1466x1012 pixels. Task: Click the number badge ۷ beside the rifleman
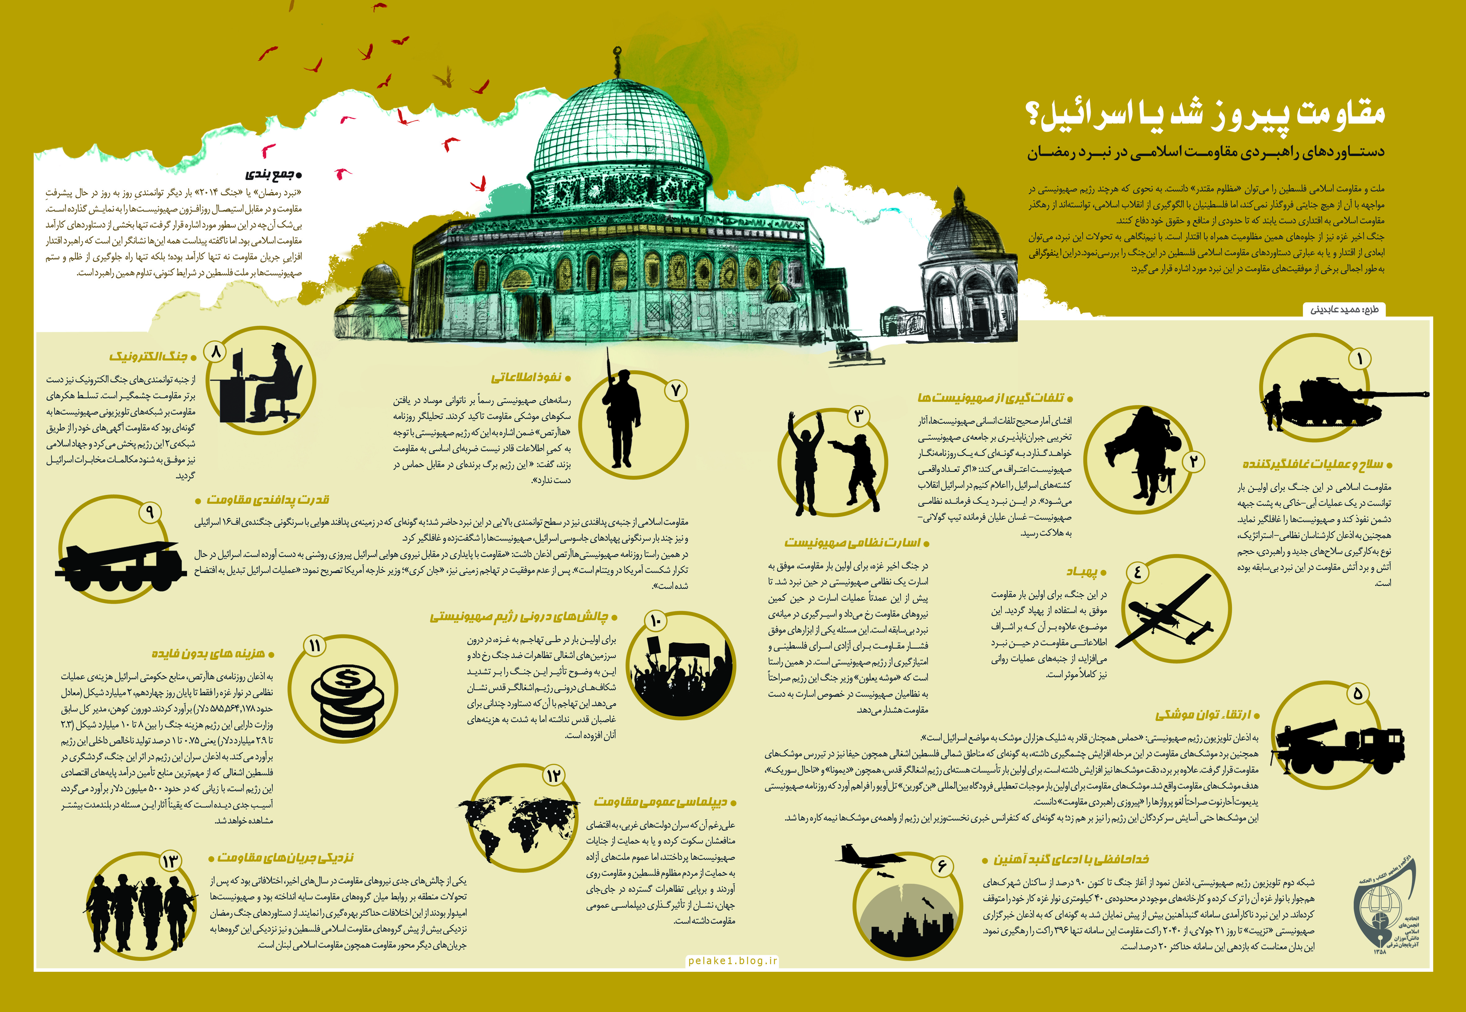click(676, 390)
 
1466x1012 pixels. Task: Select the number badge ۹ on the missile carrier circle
click(150, 511)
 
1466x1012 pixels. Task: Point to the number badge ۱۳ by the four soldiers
click(170, 861)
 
